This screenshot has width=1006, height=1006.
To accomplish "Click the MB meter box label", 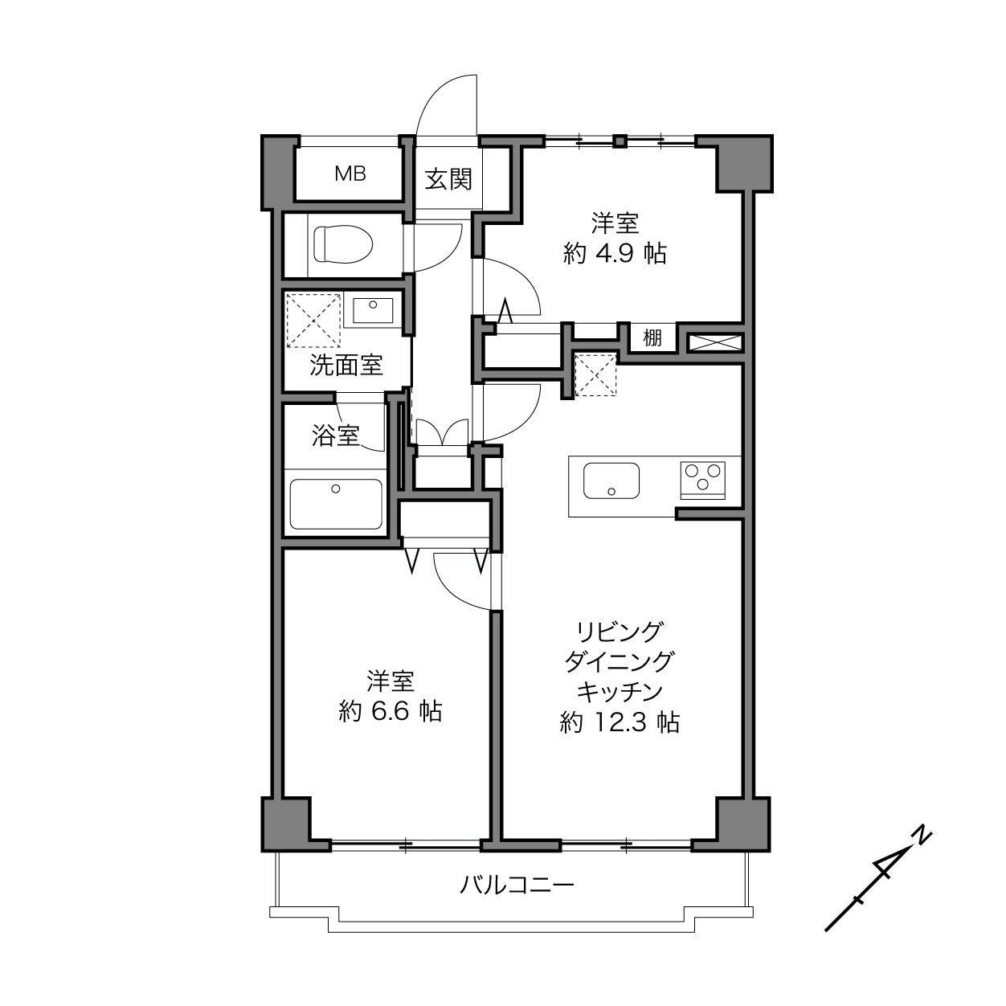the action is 350,174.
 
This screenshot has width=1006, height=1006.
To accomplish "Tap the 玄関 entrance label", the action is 448,180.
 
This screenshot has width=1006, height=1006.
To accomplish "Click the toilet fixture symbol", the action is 342,243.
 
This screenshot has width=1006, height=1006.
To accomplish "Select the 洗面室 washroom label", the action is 346,365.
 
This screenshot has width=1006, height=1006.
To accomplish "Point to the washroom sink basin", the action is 373,311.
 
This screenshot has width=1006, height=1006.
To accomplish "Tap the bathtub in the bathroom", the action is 336,505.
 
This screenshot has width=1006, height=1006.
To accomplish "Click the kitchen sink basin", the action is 611,481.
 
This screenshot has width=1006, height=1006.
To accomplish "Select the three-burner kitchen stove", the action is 703,481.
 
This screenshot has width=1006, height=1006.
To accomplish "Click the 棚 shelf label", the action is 652,338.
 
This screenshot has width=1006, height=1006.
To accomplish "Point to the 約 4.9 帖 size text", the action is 615,254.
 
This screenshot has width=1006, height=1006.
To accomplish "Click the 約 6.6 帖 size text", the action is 390,711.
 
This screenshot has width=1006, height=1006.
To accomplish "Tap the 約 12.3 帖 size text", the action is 620,723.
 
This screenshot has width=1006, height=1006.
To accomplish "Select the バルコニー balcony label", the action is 517,885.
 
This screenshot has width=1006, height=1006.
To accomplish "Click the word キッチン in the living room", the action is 620,693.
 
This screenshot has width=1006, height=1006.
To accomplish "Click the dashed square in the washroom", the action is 313,321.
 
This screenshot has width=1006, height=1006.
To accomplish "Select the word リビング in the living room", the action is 620,632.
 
